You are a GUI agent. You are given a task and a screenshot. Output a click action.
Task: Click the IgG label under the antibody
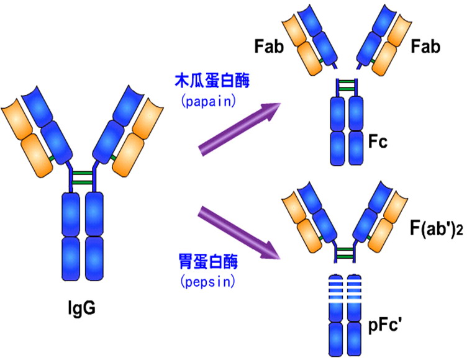click(x=81, y=308)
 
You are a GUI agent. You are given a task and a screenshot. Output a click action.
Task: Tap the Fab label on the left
click(x=269, y=47)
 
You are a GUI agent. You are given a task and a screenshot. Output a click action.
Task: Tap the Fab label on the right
click(x=425, y=47)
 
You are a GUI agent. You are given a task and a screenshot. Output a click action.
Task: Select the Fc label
click(x=378, y=142)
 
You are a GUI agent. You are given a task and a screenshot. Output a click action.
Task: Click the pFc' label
click(x=386, y=326)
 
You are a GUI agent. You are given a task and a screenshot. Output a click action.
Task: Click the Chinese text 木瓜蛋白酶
click(x=212, y=81)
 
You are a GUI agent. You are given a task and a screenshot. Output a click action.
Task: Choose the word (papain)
click(x=208, y=101)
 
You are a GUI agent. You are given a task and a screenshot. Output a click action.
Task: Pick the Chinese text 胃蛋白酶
click(x=208, y=261)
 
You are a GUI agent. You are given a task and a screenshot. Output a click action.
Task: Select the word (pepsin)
click(x=208, y=282)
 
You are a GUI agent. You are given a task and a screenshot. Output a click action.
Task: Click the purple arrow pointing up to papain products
click(x=240, y=129)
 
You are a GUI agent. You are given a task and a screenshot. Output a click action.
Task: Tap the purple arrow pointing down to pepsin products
click(x=239, y=233)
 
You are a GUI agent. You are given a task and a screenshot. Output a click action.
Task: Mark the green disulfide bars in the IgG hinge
click(x=82, y=178)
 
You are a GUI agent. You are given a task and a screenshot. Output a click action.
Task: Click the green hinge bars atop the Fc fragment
click(x=347, y=85)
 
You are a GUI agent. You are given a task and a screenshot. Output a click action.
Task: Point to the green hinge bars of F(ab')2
click(x=345, y=253)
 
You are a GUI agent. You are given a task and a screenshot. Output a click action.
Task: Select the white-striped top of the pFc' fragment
click(x=345, y=288)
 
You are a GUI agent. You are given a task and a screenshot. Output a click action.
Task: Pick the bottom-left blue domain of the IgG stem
click(x=71, y=259)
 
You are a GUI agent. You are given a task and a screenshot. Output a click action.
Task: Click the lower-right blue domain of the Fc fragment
click(x=356, y=148)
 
